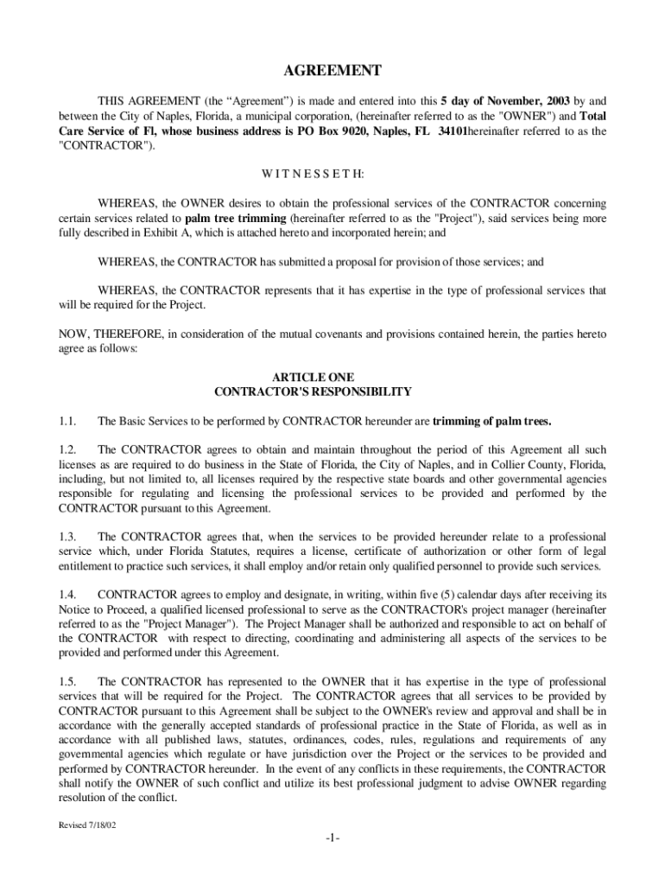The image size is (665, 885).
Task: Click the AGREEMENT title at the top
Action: (x=332, y=71)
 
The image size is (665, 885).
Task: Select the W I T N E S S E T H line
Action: (x=332, y=174)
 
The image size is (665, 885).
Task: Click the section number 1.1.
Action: (x=68, y=422)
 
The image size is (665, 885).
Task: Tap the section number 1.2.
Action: (x=68, y=450)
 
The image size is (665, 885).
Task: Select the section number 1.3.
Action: (x=68, y=537)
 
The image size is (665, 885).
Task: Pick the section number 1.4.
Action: (x=68, y=595)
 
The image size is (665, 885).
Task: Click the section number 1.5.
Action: (x=68, y=682)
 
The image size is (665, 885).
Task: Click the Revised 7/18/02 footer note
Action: (x=87, y=825)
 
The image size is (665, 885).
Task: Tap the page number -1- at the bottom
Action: (x=332, y=840)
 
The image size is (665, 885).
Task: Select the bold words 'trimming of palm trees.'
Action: (x=491, y=422)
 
